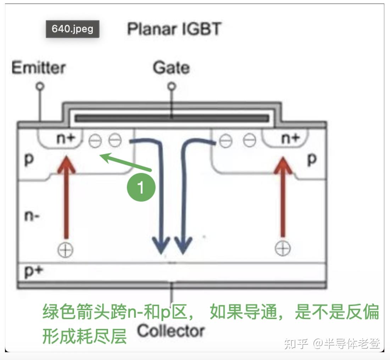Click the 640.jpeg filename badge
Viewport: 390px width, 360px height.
pos(72,29)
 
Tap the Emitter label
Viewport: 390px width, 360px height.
pos(39,68)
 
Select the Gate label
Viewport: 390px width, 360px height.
pos(171,68)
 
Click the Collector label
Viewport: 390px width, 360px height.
pos(171,331)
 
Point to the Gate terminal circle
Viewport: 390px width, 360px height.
pos(172,86)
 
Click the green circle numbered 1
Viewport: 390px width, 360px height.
pos(141,187)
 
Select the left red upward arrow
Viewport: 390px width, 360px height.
pos(66,198)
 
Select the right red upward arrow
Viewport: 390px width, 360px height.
pos(283,198)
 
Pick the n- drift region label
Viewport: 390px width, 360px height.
pos(32,215)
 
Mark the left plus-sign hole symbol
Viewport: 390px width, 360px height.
pos(66,250)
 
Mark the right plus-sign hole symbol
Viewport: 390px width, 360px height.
pos(283,249)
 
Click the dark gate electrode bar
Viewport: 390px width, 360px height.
pos(172,118)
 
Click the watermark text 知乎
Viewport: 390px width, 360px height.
pos(296,343)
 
